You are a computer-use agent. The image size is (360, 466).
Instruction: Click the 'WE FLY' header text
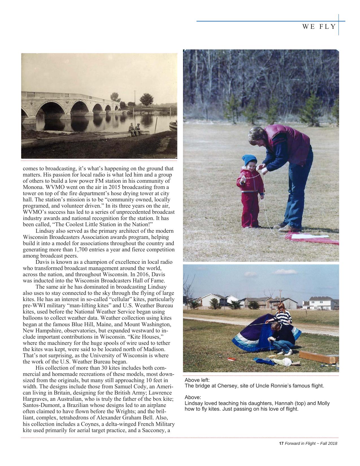tap(319, 27)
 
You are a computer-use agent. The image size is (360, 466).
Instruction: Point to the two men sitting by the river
tap(134, 130)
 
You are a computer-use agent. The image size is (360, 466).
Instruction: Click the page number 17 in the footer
tap(281, 443)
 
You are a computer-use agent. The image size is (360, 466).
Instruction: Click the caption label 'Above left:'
tap(197, 380)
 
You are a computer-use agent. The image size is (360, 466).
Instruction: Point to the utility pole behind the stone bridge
tap(135, 98)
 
